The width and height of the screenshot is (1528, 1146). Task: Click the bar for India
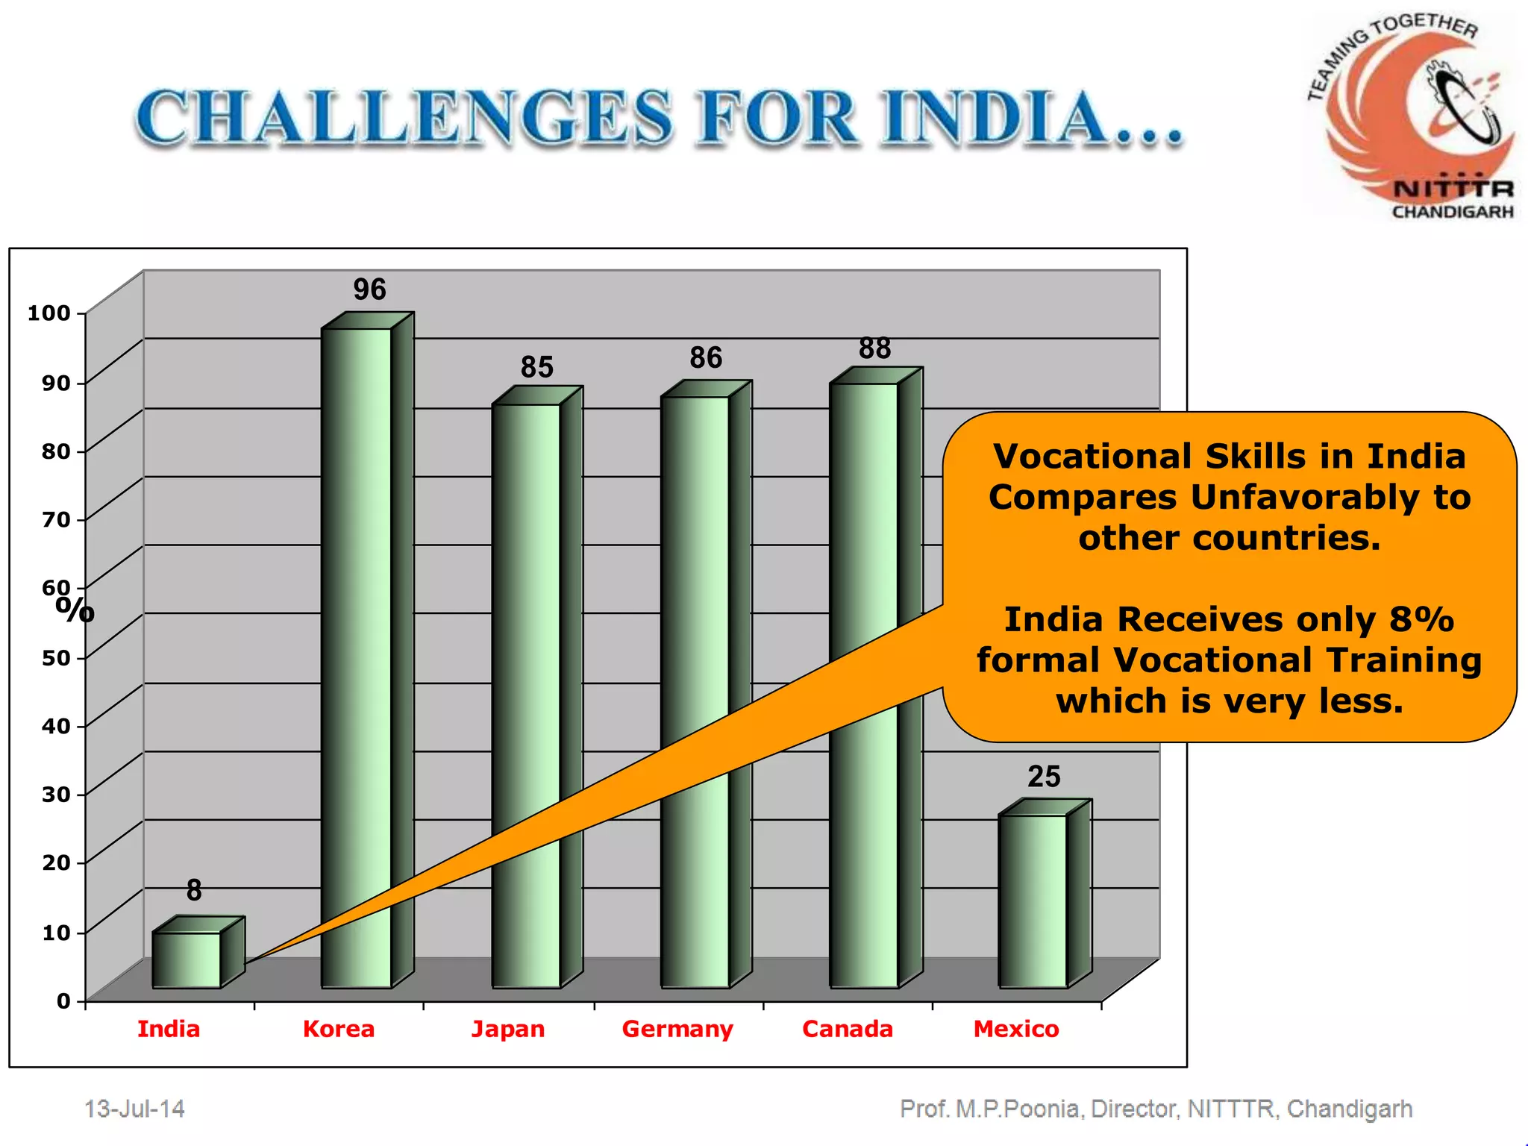point(187,959)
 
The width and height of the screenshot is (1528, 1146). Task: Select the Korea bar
point(357,657)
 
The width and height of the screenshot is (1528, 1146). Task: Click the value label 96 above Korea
point(369,289)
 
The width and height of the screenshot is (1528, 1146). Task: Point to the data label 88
point(874,348)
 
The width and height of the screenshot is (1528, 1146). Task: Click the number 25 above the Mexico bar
point(1043,777)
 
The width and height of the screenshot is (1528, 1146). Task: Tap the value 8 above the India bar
point(194,890)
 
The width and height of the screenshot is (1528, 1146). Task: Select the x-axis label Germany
point(677,1029)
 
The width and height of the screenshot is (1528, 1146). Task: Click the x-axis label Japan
point(508,1029)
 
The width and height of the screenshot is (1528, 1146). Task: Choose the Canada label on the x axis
point(848,1029)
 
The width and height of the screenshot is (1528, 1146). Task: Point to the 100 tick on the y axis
point(49,313)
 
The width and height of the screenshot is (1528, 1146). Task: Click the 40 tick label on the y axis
point(56,725)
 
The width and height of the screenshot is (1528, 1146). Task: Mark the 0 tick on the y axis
point(63,1001)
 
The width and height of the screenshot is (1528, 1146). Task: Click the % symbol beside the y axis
point(75,610)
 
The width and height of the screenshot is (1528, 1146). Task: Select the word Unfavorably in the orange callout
point(1304,497)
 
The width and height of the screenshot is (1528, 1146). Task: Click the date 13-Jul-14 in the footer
point(134,1109)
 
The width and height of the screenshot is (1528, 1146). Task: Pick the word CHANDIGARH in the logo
point(1453,212)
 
